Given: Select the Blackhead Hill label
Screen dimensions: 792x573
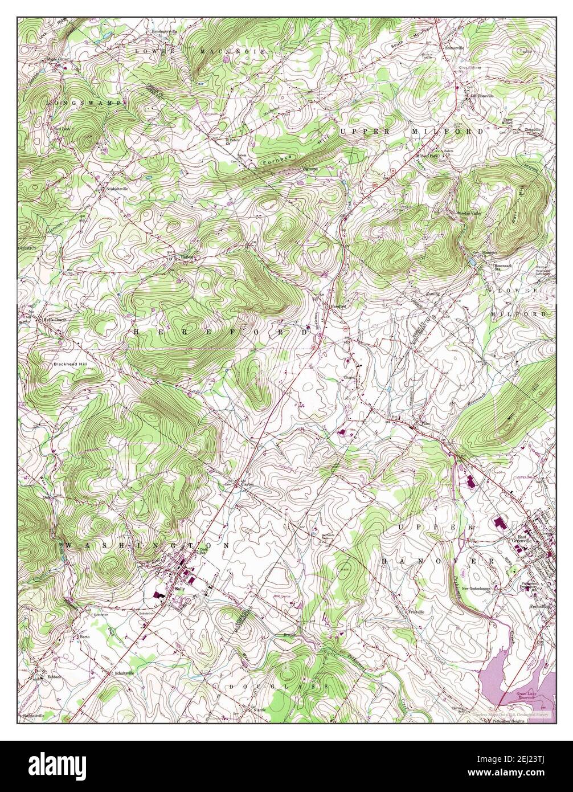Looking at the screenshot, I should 69,364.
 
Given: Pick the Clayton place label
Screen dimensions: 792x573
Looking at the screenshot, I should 247,484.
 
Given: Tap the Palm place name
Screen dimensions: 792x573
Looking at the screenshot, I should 424,424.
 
